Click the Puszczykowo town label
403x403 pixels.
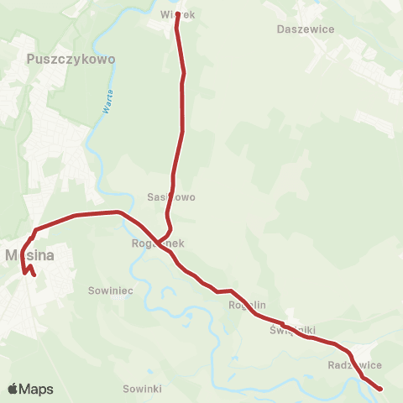pos(71,60)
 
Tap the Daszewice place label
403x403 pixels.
pos(306,29)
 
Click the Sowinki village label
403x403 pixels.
pos(142,390)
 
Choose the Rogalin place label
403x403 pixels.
pos(247,306)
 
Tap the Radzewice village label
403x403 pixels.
pos(355,365)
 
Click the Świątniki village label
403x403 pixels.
pos(292,330)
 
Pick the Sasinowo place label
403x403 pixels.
pos(171,197)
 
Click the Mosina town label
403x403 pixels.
pos(29,254)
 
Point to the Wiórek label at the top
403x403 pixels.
pos(176,14)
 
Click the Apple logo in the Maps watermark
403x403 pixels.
pos(13,389)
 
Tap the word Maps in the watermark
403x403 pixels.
pos(37,389)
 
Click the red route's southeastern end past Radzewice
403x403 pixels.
pos(380,389)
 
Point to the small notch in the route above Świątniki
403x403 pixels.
pos(284,323)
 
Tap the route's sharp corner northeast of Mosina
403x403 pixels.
pos(35,229)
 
